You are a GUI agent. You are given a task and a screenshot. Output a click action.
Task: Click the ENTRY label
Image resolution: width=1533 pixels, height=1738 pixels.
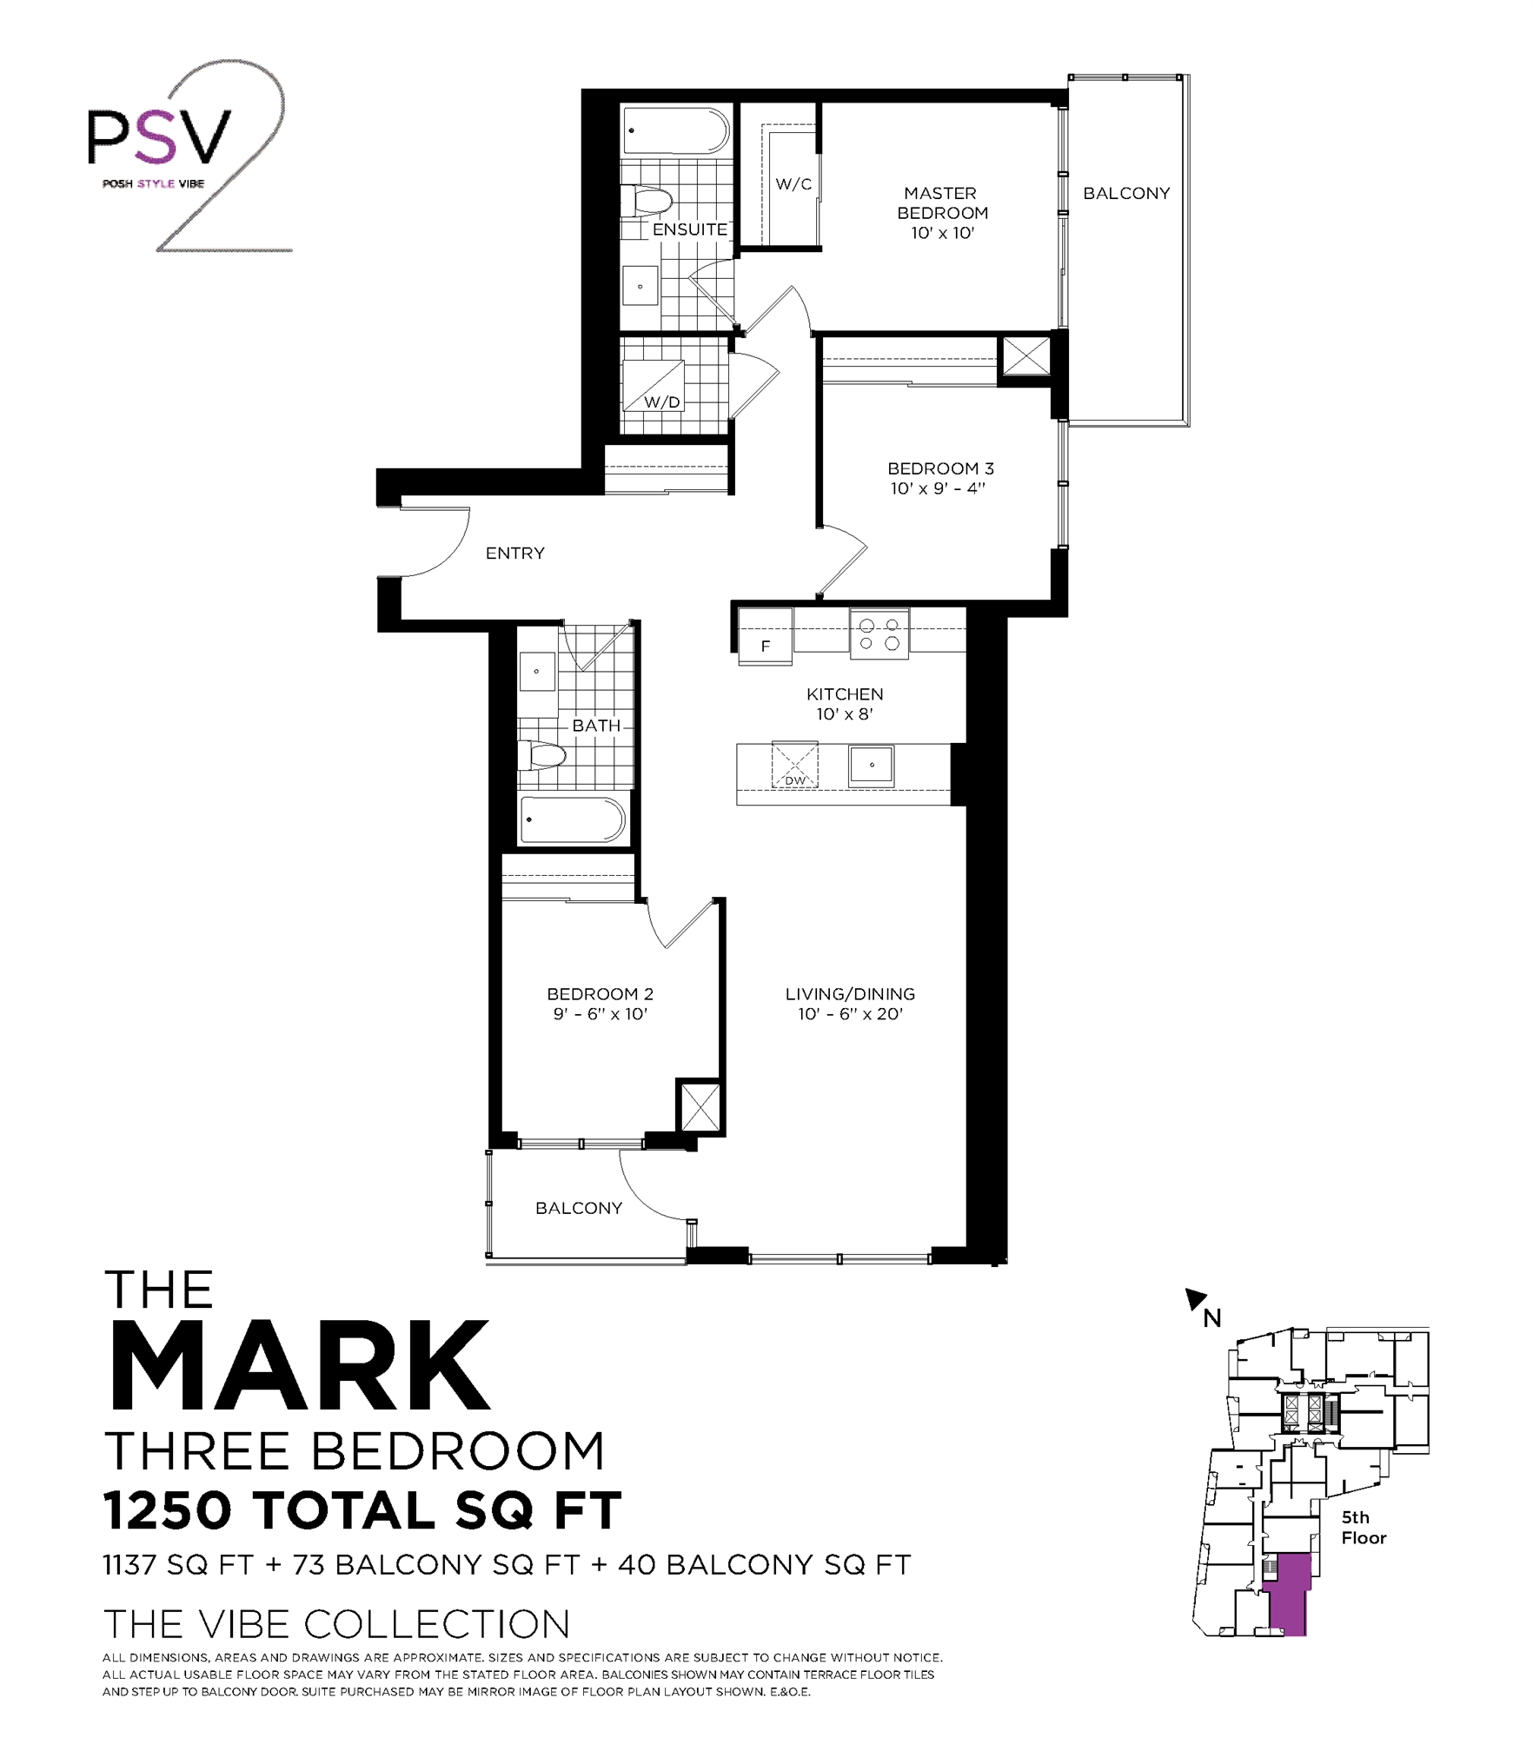[x=514, y=554]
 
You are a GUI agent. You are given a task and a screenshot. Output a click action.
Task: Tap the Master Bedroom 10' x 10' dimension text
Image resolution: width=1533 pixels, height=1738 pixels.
[x=942, y=233]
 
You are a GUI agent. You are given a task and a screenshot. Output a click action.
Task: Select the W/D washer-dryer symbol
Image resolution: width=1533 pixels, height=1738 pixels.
[x=654, y=386]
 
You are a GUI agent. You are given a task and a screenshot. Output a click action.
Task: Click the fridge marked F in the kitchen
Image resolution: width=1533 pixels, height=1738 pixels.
[x=765, y=636]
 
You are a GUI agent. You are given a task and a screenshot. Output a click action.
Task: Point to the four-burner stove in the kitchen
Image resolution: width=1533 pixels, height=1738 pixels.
[x=879, y=634]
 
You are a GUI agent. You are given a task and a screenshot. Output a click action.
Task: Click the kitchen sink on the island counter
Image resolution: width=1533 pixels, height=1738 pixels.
[x=871, y=766]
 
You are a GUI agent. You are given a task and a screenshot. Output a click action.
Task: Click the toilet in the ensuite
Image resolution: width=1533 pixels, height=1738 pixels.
[x=647, y=202]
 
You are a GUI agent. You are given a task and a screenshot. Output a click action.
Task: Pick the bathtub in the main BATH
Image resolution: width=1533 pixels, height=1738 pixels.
[x=572, y=819]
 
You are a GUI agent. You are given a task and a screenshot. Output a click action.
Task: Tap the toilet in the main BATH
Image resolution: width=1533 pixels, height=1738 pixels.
[x=541, y=755]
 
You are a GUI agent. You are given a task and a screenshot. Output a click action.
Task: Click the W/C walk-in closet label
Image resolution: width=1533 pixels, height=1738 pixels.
[x=793, y=184]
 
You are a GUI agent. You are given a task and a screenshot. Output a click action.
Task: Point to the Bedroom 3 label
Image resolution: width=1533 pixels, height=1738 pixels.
[x=940, y=468]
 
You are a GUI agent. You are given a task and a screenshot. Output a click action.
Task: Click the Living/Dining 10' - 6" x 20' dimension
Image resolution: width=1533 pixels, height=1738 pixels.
[x=850, y=1014]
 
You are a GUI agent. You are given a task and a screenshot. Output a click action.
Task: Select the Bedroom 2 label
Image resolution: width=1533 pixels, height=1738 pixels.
[x=600, y=994]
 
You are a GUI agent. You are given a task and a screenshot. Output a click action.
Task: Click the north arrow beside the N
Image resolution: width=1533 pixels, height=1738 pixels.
[x=1196, y=1299]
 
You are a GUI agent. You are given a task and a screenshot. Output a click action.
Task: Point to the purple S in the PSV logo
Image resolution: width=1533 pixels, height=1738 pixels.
[x=158, y=136]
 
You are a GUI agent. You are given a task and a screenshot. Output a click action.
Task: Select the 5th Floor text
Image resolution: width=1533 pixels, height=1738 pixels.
[x=1363, y=1527]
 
